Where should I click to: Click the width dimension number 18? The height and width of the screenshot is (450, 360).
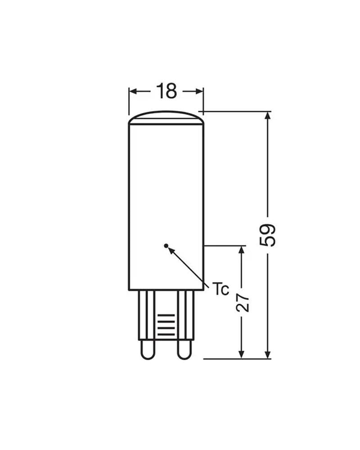click(x=166, y=91)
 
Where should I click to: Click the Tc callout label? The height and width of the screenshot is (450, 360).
click(x=220, y=290)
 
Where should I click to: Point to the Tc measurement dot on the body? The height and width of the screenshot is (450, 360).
click(x=166, y=246)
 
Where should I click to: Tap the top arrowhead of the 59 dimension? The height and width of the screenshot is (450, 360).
click(x=268, y=115)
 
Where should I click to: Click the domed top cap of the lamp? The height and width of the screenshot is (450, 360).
click(x=166, y=117)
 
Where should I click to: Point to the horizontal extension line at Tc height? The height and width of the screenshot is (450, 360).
click(x=225, y=246)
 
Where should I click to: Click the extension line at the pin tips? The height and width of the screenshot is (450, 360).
click(x=236, y=359)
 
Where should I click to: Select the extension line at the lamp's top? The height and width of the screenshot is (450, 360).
click(x=236, y=111)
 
